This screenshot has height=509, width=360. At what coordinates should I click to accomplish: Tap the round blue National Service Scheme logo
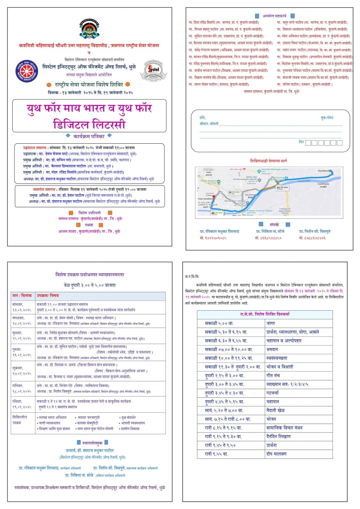click(28, 70)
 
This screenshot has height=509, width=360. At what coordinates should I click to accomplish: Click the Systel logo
click(153, 70)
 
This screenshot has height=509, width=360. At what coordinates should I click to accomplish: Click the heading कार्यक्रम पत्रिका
click(89, 135)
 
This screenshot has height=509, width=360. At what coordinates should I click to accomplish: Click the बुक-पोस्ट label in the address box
click(327, 117)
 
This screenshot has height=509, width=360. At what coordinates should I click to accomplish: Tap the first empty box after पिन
click(308, 142)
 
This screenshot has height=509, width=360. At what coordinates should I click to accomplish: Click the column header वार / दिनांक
click(22, 296)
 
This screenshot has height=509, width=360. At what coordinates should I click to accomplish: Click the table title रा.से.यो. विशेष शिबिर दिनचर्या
click(264, 314)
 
